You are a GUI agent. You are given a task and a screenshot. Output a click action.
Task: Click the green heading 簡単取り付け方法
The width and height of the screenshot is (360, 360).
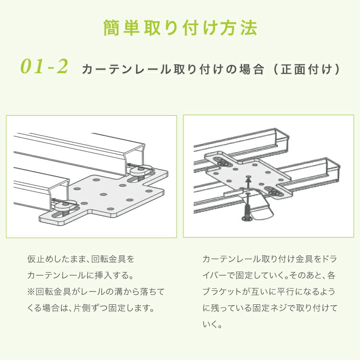180,28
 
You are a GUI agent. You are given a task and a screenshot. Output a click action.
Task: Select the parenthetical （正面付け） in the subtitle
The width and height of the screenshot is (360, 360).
307,69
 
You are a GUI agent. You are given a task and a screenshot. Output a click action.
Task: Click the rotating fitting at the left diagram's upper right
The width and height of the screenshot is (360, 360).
139,170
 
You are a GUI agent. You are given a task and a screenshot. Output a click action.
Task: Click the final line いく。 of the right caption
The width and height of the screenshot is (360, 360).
212,324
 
